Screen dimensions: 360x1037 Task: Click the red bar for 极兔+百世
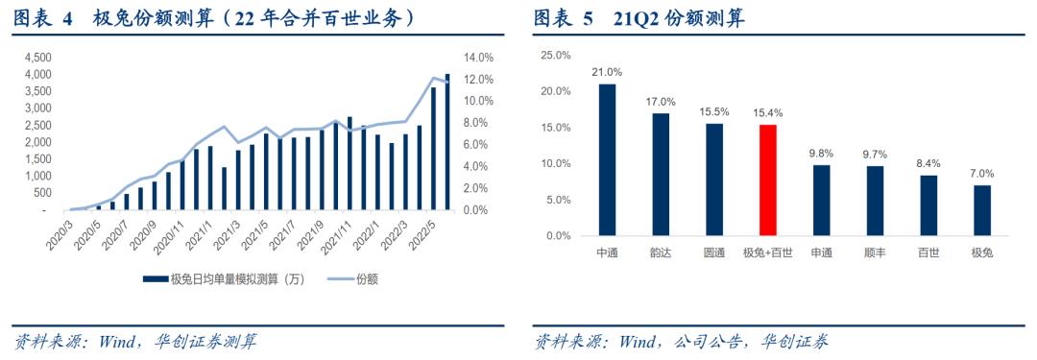pyautogui.click(x=767, y=180)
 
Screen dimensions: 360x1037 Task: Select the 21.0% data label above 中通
pyautogui.click(x=607, y=72)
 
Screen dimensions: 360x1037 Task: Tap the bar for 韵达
pyautogui.click(x=661, y=174)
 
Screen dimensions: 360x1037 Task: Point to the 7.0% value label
pyautogui.click(x=981, y=174)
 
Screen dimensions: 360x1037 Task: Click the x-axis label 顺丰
pyautogui.click(x=875, y=252)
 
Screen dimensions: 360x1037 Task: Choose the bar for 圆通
pyautogui.click(x=713, y=180)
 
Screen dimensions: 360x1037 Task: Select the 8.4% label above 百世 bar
pyautogui.click(x=928, y=163)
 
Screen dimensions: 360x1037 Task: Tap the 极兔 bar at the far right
pyautogui.click(x=981, y=210)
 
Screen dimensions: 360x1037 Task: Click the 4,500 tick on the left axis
pyautogui.click(x=36, y=58)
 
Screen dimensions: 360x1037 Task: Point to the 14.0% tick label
pyautogui.click(x=480, y=58)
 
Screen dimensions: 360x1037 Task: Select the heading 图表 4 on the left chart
pyautogui.click(x=43, y=18)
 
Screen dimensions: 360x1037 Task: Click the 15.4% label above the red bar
pyautogui.click(x=767, y=113)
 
